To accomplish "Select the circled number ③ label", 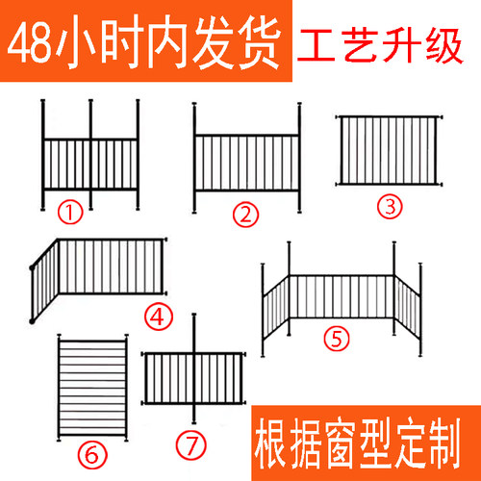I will point(390,205).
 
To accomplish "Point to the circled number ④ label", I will point(158,316).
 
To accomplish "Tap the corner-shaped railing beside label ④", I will point(99,274).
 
